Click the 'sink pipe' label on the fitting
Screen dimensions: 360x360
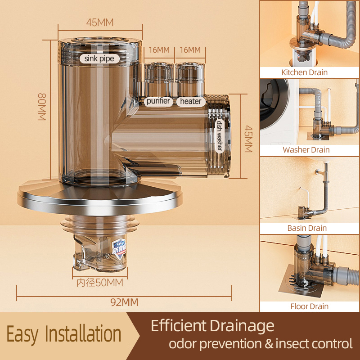click(x=99, y=58)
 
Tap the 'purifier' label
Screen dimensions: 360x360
click(x=158, y=101)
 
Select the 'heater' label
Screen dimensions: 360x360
click(x=191, y=101)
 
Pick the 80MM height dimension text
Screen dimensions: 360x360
click(x=42, y=106)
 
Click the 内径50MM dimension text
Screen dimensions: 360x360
click(x=100, y=283)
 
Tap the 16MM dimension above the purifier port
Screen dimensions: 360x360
click(x=158, y=50)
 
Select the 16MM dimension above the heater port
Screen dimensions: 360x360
click(x=189, y=50)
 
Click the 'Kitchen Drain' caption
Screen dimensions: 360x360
click(x=310, y=72)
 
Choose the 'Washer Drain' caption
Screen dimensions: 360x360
click(x=310, y=150)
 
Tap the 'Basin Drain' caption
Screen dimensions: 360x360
click(x=310, y=228)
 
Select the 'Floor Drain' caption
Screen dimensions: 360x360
click(x=310, y=306)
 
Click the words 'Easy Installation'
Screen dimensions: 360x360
click(x=64, y=335)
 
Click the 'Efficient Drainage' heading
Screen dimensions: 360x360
click(x=212, y=325)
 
